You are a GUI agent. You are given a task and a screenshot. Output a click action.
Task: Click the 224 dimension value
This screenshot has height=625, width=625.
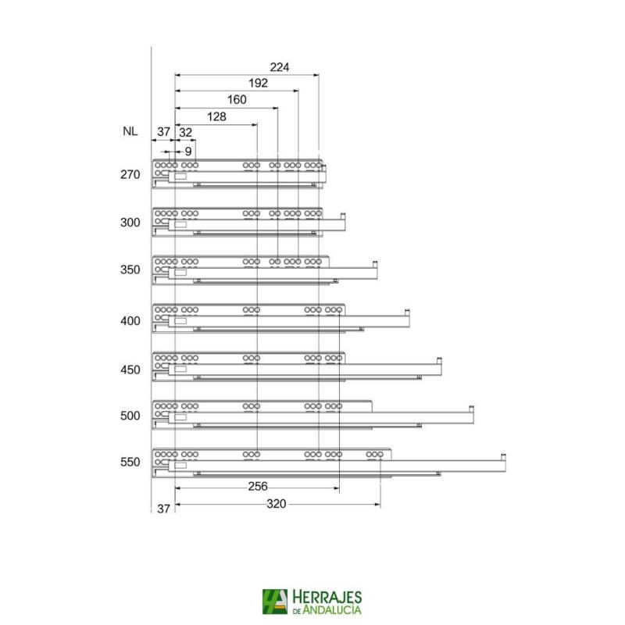pos(280,67)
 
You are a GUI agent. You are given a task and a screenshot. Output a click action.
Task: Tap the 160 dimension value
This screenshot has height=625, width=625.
pos(237,99)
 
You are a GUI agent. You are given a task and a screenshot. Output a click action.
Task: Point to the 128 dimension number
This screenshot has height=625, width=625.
pos(216,116)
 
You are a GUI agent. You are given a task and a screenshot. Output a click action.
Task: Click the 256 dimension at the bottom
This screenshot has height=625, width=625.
pos(258,486)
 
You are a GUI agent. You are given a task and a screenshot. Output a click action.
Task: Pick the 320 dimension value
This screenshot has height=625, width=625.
pos(276,504)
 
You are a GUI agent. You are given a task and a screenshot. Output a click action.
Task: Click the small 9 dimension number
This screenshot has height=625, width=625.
pos(188,151)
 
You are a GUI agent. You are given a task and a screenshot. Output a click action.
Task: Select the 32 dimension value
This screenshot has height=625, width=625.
pos(185,132)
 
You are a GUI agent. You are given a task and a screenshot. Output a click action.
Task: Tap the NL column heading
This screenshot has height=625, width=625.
pos(130,132)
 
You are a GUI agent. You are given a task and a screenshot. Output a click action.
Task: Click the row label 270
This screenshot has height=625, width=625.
pos(130,174)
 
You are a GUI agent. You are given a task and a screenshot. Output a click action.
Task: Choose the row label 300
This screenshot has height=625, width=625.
pos(130,223)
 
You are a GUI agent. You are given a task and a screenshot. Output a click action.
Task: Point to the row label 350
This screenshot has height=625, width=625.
pos(130,270)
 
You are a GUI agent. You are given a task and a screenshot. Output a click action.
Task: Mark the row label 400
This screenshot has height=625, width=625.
pos(130,320)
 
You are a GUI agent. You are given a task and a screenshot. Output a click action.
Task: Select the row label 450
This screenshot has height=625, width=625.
pos(130,369)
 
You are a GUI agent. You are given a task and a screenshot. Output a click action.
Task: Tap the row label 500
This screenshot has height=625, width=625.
pos(130,416)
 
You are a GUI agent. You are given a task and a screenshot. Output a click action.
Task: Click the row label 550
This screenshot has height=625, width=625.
pos(130,462)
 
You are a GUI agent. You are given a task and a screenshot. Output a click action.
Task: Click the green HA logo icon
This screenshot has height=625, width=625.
pos(276,602)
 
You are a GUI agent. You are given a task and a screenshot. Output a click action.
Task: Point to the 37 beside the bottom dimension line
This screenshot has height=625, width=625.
pos(163,509)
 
